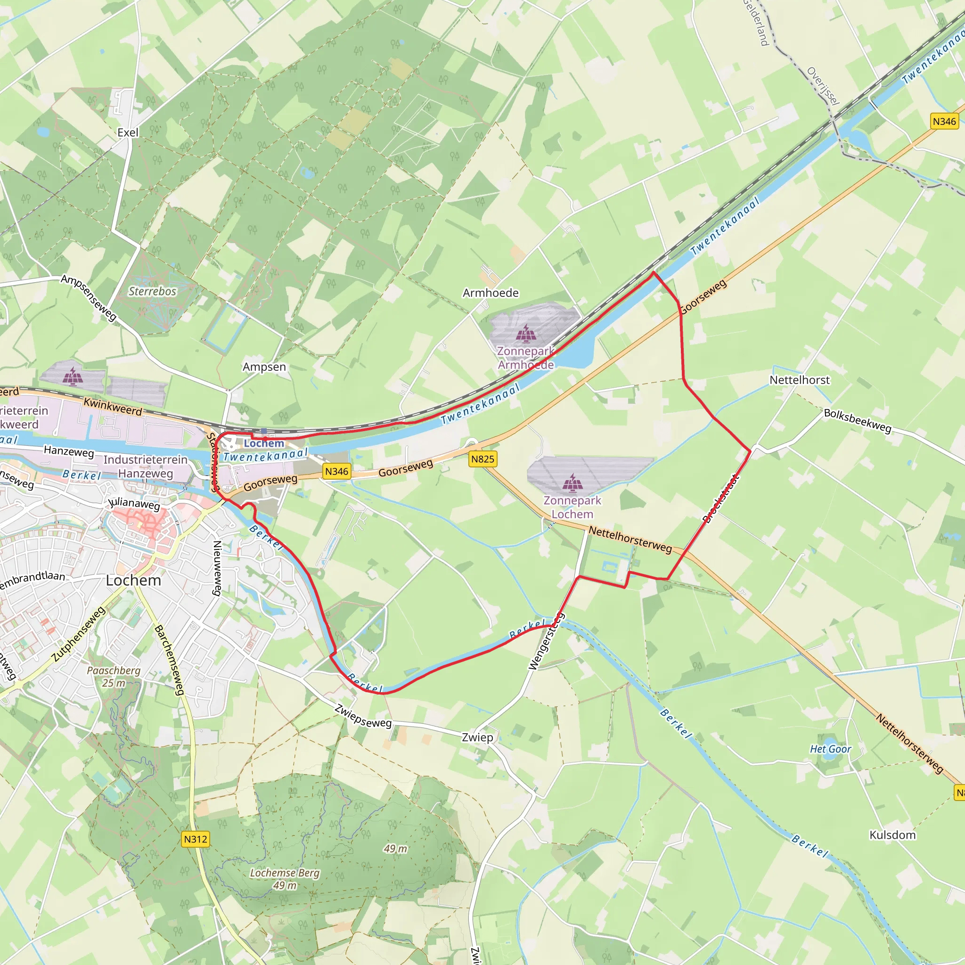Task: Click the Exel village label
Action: pos(128,132)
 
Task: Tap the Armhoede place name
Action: pos(491,293)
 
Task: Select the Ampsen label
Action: pos(264,367)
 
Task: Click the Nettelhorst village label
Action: pos(799,380)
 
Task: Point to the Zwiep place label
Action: pos(477,737)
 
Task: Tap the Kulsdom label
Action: pos(892,835)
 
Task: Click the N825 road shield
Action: pos(482,458)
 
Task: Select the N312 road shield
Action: pos(195,839)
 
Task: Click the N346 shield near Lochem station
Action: pos(336,471)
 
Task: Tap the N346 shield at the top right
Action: pos(944,122)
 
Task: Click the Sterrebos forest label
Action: pos(152,291)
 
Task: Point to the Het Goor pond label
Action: pos(830,749)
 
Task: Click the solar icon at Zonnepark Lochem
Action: pos(572,482)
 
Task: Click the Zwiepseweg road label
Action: pos(363,716)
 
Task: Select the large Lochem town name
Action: pos(133,581)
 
